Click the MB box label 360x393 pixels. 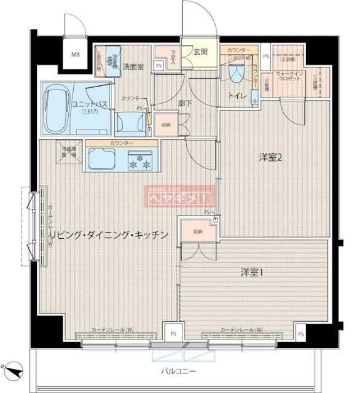pos(76,55)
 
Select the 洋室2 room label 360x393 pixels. pos(270,158)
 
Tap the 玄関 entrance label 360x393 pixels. pos(202,52)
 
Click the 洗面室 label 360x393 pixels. pos(133,66)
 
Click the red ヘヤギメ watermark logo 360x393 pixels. pos(179,198)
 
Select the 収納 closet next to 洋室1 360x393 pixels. pos(197,232)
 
